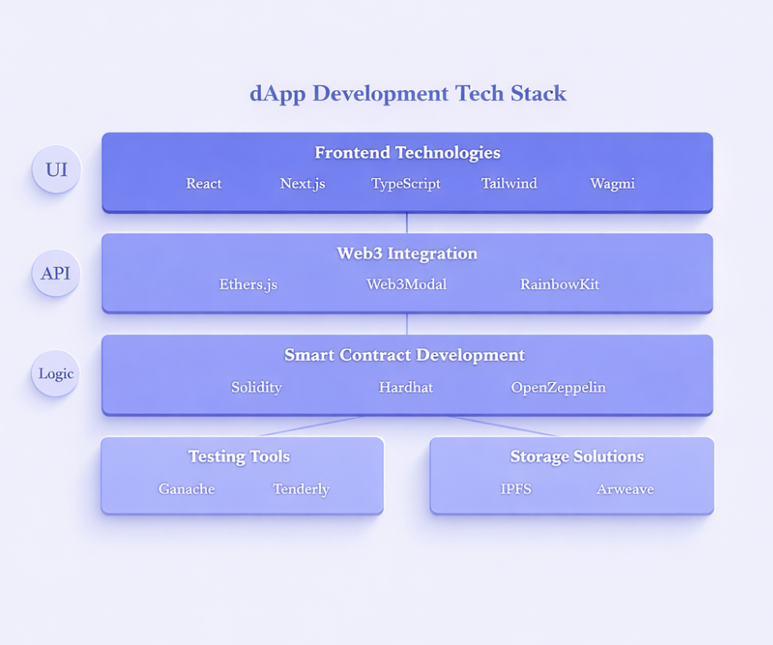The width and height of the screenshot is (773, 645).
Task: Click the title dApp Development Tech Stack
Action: coord(408,93)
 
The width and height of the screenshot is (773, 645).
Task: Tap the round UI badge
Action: coord(57,170)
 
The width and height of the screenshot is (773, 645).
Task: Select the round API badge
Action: coord(56,273)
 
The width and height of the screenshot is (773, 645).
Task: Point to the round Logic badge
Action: coord(56,374)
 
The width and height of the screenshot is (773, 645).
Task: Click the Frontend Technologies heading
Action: coord(407,153)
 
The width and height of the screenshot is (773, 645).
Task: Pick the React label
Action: coord(204,183)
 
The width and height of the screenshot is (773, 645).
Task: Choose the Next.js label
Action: coord(302,183)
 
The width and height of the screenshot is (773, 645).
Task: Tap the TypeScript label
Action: coord(405,183)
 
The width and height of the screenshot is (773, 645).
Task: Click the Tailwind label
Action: coord(509,183)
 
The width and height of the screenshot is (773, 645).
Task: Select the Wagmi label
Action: coord(612,183)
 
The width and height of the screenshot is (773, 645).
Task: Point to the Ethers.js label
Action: coord(248,285)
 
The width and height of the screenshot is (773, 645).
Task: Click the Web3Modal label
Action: coord(406,285)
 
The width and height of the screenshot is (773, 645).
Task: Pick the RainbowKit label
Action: coord(559,285)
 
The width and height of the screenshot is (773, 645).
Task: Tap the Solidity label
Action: coord(256,387)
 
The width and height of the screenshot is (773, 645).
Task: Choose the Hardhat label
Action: coord(405,387)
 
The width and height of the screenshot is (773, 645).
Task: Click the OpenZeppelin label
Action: coord(558,387)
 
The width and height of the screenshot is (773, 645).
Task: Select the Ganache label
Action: coord(187,489)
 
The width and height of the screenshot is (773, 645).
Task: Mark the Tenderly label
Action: coord(301,489)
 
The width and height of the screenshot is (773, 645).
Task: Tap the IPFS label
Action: coord(516,489)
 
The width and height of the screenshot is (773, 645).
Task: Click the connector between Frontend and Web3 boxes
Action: coord(407,223)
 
